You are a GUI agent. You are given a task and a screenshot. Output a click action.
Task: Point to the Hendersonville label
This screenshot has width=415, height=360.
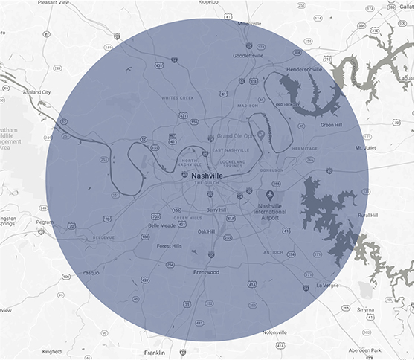pyautogui.click(x=299, y=69)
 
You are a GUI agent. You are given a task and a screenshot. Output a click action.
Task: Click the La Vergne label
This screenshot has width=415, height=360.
pyautogui.click(x=327, y=285)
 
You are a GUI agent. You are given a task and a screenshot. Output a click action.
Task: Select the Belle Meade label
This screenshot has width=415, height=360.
pyautogui.click(x=162, y=225)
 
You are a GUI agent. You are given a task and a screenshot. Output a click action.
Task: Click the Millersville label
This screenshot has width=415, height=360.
pyautogui.click(x=250, y=23)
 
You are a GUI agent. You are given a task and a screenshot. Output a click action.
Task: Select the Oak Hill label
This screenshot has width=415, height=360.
pyautogui.click(x=206, y=232)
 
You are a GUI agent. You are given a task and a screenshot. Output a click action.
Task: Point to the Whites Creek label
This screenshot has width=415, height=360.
pyautogui.click(x=177, y=97)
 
